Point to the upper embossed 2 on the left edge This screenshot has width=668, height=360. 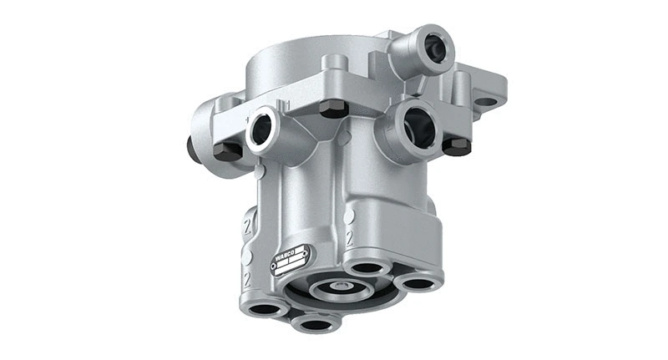click(247, 226)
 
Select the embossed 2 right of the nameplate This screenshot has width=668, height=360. click(349, 238)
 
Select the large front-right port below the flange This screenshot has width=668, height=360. click(417, 128)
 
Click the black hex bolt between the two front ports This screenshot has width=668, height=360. click(334, 108)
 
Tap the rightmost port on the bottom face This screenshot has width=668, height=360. click(416, 284)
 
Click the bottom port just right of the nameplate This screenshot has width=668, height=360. click(365, 268)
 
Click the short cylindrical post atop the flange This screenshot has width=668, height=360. click(335, 62)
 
